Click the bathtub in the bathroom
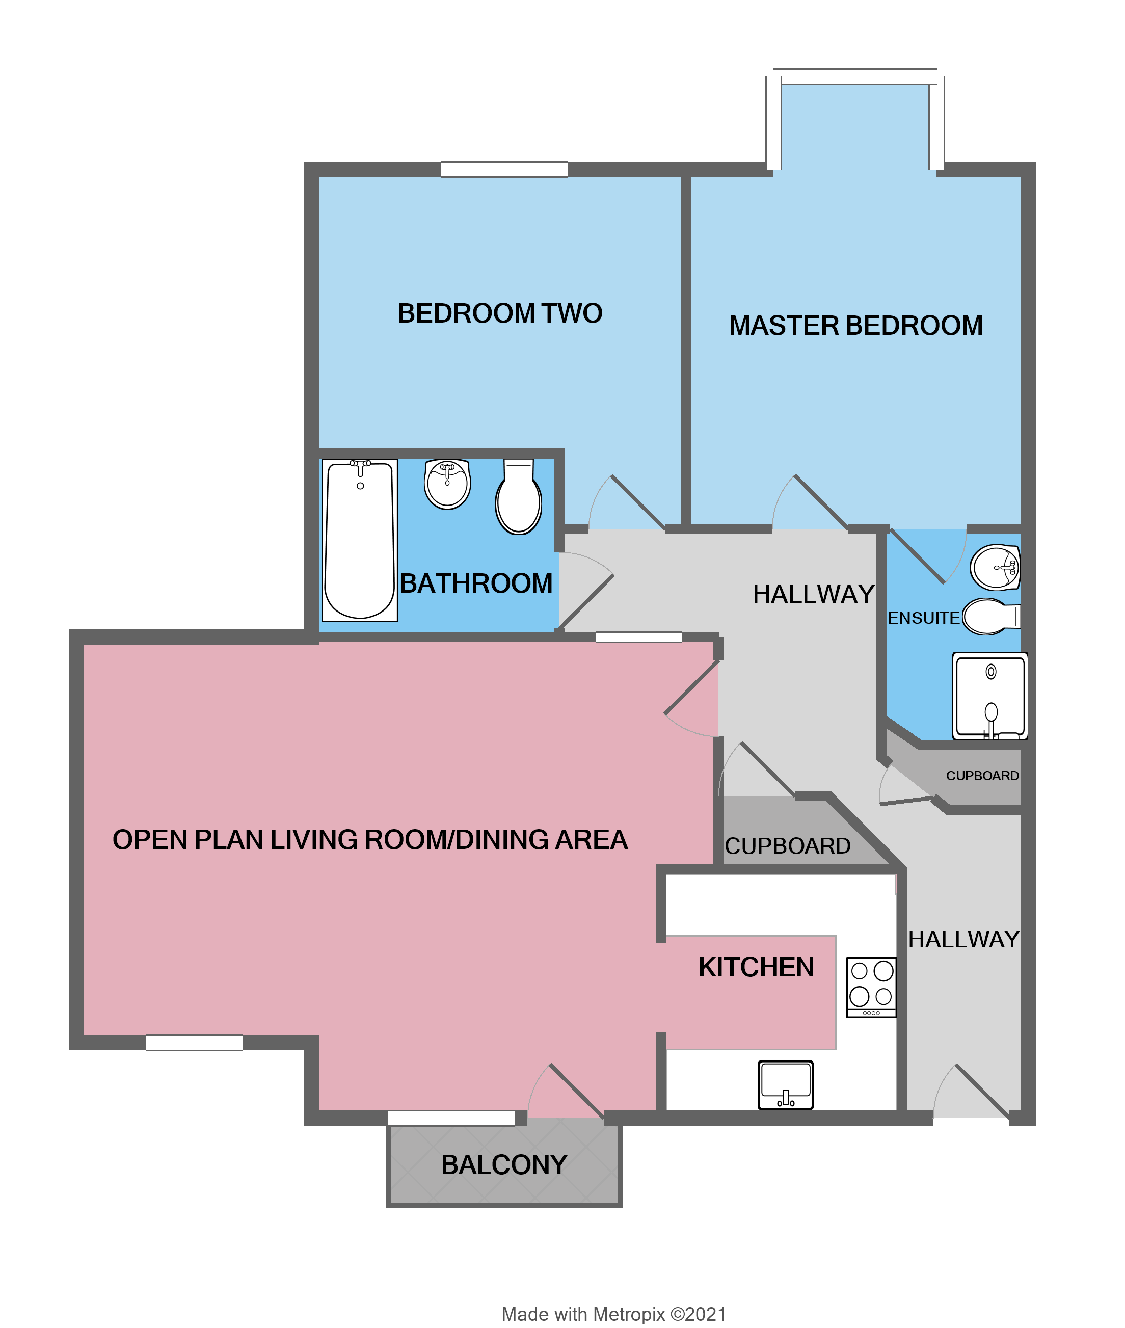[360, 540]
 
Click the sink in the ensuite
[996, 567]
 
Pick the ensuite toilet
[989, 617]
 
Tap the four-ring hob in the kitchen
[871, 987]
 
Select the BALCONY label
[504, 1165]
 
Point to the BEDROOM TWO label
[500, 313]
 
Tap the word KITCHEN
[757, 967]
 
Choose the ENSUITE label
[923, 618]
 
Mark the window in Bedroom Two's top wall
[504, 169]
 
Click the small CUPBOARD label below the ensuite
[982, 776]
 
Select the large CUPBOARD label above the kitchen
[788, 846]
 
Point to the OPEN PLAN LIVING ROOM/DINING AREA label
[370, 839]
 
